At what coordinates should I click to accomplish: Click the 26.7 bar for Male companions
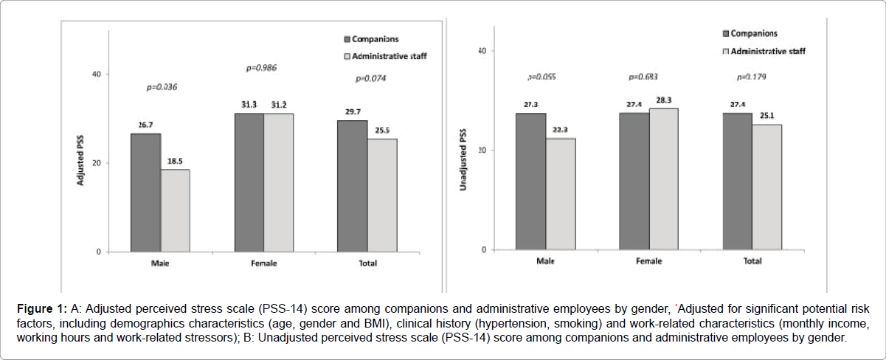(x=146, y=193)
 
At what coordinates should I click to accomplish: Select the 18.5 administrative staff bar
(x=176, y=211)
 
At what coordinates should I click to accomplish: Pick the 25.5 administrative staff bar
(x=382, y=195)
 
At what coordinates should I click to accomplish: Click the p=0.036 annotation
(x=162, y=87)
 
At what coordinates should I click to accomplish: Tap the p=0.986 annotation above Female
(x=261, y=69)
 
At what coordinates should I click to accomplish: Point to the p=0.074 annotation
(x=370, y=78)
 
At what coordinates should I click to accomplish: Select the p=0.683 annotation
(x=643, y=77)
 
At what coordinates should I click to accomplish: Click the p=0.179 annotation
(x=752, y=77)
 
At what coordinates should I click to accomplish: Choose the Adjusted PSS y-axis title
(x=81, y=162)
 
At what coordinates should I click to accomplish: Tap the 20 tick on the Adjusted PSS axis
(x=96, y=163)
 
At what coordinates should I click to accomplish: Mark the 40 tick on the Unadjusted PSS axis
(x=481, y=51)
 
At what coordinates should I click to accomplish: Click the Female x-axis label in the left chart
(x=263, y=263)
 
